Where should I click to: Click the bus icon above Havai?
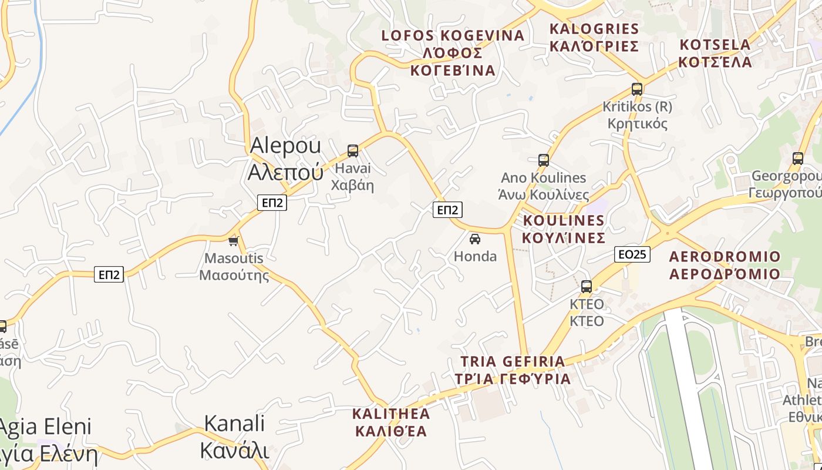pyautogui.click(x=353, y=151)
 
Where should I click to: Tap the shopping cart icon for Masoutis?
pyautogui.click(x=234, y=241)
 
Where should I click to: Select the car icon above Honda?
pyautogui.click(x=475, y=239)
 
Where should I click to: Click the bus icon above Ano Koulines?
pyautogui.click(x=544, y=160)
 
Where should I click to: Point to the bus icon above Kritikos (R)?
pyautogui.click(x=637, y=89)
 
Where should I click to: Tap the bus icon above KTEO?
pyautogui.click(x=587, y=287)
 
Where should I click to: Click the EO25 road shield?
pyautogui.click(x=632, y=254)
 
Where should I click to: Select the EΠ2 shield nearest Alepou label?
pyautogui.click(x=272, y=203)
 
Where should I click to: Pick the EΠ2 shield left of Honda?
pyautogui.click(x=447, y=210)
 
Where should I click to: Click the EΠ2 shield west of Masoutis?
pyautogui.click(x=109, y=274)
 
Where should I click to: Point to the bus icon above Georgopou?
pyautogui.click(x=797, y=158)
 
